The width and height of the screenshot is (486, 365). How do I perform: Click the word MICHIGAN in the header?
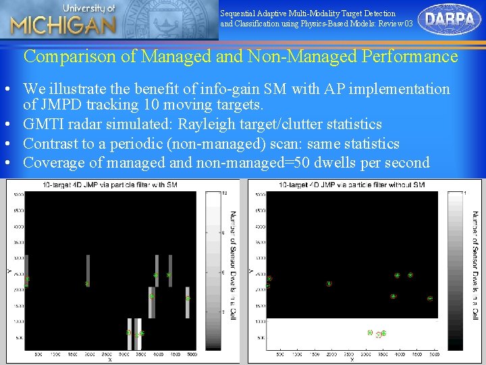coord(63,26)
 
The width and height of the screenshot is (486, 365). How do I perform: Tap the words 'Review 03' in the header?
coord(398,24)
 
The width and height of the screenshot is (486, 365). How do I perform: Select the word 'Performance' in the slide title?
coord(410,56)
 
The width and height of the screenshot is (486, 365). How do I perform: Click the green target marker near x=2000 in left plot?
coord(87,284)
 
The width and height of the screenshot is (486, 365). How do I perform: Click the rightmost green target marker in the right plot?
coord(430,298)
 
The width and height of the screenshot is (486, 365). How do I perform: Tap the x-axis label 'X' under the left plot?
coord(110,360)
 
